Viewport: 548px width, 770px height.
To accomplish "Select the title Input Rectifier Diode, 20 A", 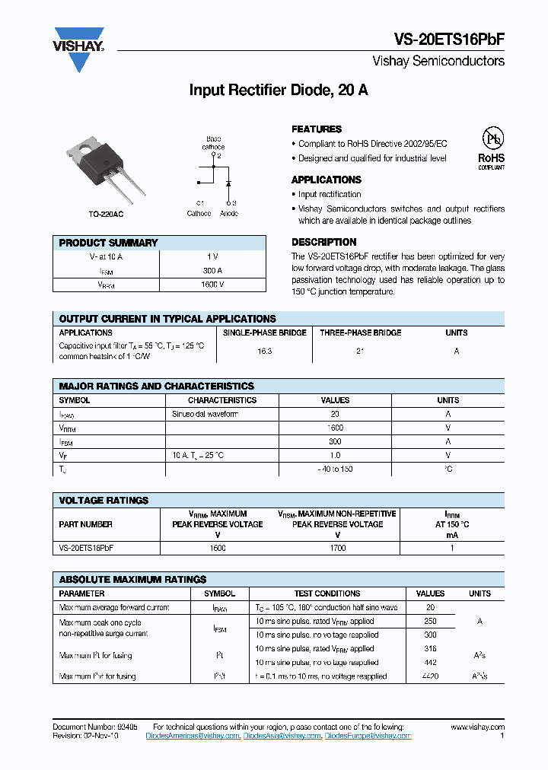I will pos(279,90).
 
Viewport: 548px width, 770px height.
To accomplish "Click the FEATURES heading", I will pos(317,129).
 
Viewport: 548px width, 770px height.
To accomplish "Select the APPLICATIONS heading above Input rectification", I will pos(326,180).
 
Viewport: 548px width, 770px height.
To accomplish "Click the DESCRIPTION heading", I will pos(323,243).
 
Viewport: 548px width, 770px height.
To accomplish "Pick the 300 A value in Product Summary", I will pos(212,270).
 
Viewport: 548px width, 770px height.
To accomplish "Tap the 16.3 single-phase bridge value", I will pos(264,352).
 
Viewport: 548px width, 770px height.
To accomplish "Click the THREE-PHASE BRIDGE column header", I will pos(360,332).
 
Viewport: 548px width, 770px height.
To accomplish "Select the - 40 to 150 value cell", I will pos(335,469).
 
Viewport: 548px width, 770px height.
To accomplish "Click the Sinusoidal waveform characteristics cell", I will pos(205,414).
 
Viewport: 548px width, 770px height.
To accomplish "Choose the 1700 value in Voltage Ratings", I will pos(337,548).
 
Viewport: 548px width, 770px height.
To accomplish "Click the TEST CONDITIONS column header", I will pos(327,593).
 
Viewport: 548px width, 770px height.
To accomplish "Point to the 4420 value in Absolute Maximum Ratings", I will pos(430,676).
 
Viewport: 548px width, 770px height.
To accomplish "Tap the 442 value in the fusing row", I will pos(430,662).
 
